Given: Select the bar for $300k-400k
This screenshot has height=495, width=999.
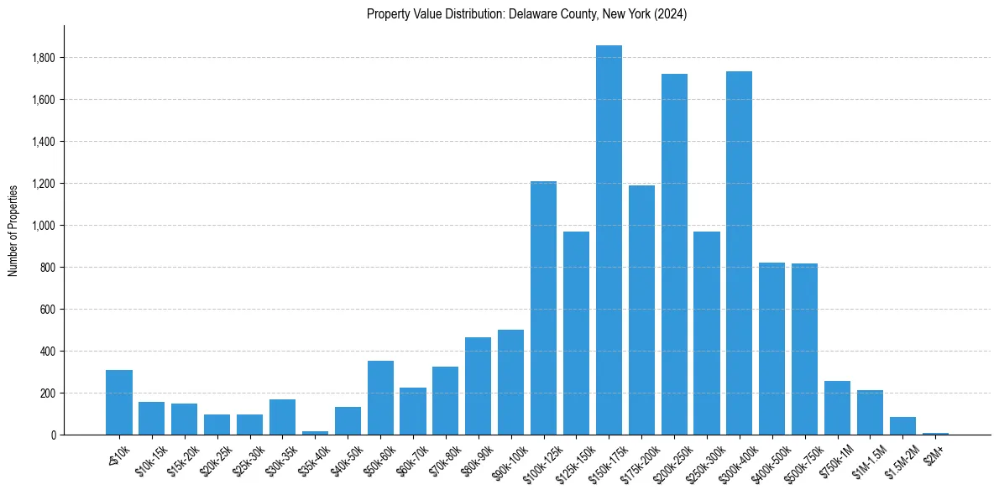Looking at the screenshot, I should pos(740,253).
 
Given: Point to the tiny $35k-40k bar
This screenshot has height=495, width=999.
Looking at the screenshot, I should pos(315,433).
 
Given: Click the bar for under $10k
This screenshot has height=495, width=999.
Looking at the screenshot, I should pos(119,403).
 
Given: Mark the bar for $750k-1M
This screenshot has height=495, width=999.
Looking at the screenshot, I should pos(837,408).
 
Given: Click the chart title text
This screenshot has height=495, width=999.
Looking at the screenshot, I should pos(526,14).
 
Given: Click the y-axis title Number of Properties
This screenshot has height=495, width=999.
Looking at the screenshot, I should pos(13,230).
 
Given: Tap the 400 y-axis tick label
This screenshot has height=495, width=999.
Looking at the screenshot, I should pos(48,352).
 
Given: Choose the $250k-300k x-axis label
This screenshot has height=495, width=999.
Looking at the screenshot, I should pos(703,461).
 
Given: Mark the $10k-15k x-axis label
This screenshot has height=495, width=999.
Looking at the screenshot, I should pos(150,458).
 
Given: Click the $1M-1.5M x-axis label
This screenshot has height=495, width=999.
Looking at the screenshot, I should pos(866,458).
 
